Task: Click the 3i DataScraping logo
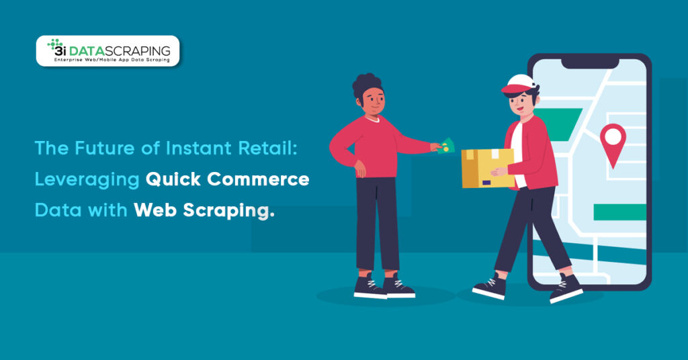[107, 50]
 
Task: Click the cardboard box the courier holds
[488, 168]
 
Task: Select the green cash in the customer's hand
[445, 146]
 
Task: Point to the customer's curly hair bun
[366, 83]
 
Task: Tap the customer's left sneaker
[370, 287]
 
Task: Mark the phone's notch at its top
[589, 62]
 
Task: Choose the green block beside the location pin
[619, 212]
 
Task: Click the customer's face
[374, 103]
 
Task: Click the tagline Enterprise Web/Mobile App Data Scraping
[108, 60]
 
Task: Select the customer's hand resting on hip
[359, 171]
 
